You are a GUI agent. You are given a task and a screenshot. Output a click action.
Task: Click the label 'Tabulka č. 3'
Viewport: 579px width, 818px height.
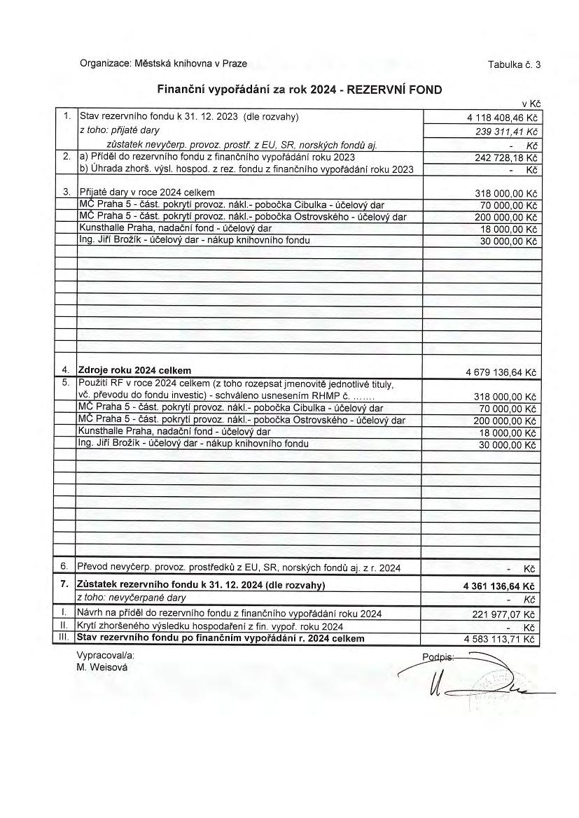pos(515,65)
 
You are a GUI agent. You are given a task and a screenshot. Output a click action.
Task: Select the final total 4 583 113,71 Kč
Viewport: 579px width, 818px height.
pos(500,640)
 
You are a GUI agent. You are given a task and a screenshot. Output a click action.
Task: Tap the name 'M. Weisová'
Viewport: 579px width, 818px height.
pos(103,668)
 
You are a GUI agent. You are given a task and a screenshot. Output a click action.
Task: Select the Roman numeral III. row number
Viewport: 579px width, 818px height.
pos(63,639)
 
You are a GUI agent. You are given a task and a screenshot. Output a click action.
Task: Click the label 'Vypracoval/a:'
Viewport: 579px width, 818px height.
pos(105,656)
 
